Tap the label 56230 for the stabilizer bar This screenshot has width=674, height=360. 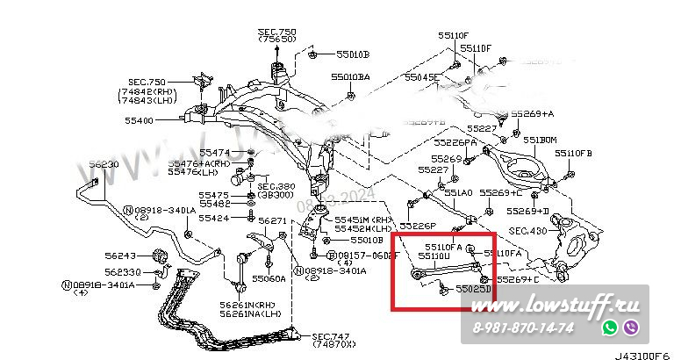click(x=103, y=164)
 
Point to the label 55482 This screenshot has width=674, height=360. click(x=214, y=204)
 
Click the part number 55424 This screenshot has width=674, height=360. click(x=214, y=218)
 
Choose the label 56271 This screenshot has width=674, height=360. click(x=273, y=220)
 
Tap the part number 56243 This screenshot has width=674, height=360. click(x=120, y=256)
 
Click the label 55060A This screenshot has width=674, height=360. click(x=268, y=278)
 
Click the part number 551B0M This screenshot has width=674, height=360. click(x=540, y=140)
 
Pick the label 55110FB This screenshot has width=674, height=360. click(x=573, y=153)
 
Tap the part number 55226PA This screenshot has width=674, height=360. click(x=455, y=142)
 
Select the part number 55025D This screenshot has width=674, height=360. click(x=472, y=287)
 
